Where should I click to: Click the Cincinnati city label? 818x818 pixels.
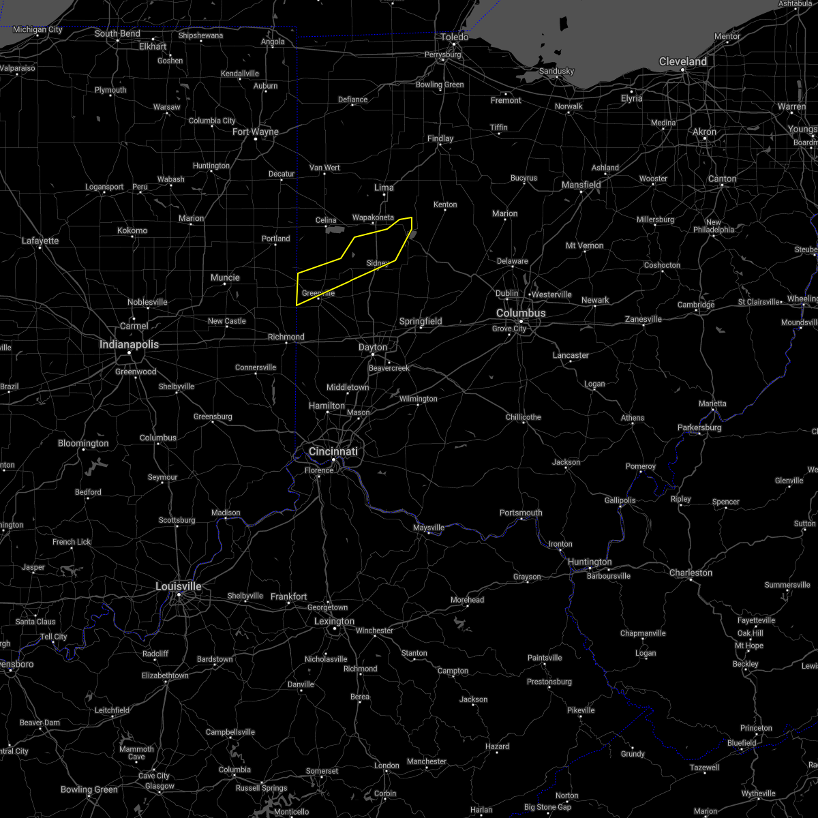[x=333, y=451]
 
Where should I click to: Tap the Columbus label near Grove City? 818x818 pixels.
[x=520, y=313]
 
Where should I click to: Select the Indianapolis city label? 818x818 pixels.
[x=129, y=344]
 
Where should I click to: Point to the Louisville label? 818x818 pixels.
[x=178, y=586]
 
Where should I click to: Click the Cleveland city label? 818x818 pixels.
[x=682, y=61]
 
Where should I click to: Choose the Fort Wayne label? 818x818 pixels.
[x=256, y=132]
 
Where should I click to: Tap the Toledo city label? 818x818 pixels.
[x=454, y=37]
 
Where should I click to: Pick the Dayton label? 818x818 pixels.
[x=373, y=347]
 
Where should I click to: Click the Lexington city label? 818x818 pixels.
[x=334, y=621]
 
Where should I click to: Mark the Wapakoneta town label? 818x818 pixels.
[x=373, y=217]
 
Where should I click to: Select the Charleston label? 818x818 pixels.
[x=691, y=573]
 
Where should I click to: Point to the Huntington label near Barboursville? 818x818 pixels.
[x=590, y=562]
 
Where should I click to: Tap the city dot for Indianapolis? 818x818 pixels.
[x=130, y=352]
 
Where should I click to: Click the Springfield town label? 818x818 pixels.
[x=421, y=321]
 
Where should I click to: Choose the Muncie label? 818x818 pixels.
[x=225, y=277]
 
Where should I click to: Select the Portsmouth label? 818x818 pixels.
[x=521, y=513]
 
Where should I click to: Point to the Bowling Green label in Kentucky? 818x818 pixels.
[x=89, y=789]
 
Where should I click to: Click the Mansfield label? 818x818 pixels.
[x=581, y=185]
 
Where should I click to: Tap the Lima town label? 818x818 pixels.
[x=384, y=187]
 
